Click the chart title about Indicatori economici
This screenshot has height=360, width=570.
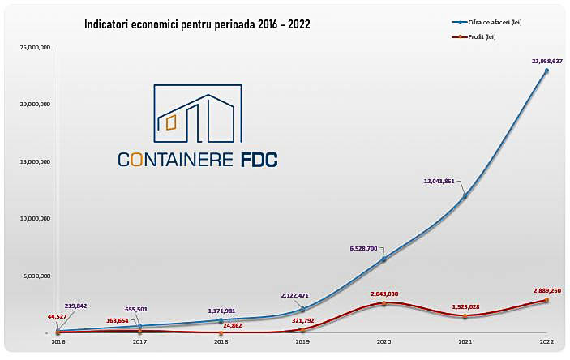[x=197, y=24]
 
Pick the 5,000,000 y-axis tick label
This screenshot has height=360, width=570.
[x=36, y=276]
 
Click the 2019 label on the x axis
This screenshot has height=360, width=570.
[x=302, y=343]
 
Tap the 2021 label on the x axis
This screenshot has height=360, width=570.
[x=465, y=343]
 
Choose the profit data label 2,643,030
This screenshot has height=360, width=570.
[x=387, y=294]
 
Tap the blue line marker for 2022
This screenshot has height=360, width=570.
[x=546, y=71]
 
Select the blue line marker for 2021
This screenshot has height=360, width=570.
[x=465, y=195]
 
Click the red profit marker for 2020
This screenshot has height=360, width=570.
[x=384, y=303]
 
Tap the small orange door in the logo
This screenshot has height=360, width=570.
[x=170, y=122]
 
